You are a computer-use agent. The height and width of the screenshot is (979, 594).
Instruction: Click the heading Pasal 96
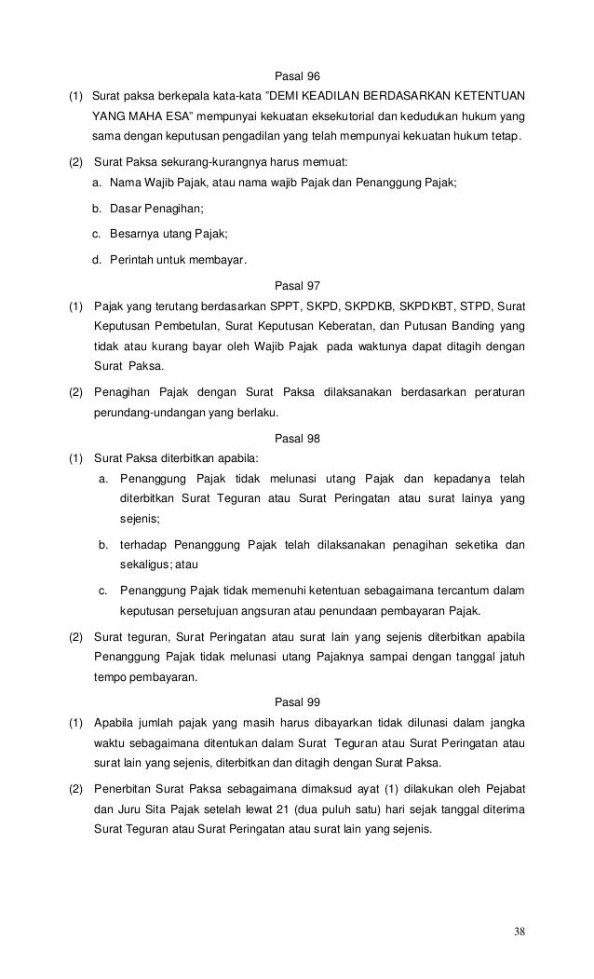(x=298, y=75)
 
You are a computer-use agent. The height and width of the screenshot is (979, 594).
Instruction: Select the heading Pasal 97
(x=298, y=285)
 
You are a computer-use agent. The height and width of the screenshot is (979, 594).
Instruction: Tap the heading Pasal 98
(x=298, y=436)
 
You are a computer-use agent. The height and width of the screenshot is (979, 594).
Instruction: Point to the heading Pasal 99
(x=298, y=700)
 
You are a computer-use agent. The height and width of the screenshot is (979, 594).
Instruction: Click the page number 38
(x=519, y=932)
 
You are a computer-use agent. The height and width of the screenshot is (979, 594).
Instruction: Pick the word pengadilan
(x=266, y=140)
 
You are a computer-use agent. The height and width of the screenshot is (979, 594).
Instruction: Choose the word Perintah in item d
(x=129, y=260)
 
